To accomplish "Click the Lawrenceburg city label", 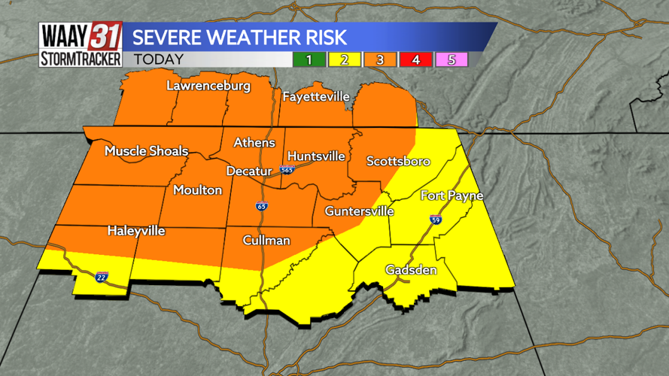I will point(208,86).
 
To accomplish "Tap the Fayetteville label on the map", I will point(316,97).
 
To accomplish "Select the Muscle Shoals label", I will point(146,151).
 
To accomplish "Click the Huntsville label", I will point(316,156).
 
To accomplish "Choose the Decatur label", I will point(248,171).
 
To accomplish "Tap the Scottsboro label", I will point(398,161).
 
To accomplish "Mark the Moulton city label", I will point(197,190).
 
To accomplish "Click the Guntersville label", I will point(359,211).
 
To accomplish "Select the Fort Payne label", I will point(452,196).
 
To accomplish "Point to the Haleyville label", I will point(135,231).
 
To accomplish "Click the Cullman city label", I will point(266,241).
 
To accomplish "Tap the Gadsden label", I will point(411,269).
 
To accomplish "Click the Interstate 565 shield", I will point(287,170).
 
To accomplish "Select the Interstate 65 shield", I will point(261,205).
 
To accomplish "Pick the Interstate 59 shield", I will point(436,219).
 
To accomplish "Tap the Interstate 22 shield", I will point(102,277).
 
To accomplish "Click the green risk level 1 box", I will point(308,59).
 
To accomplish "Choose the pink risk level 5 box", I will point(452,59).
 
